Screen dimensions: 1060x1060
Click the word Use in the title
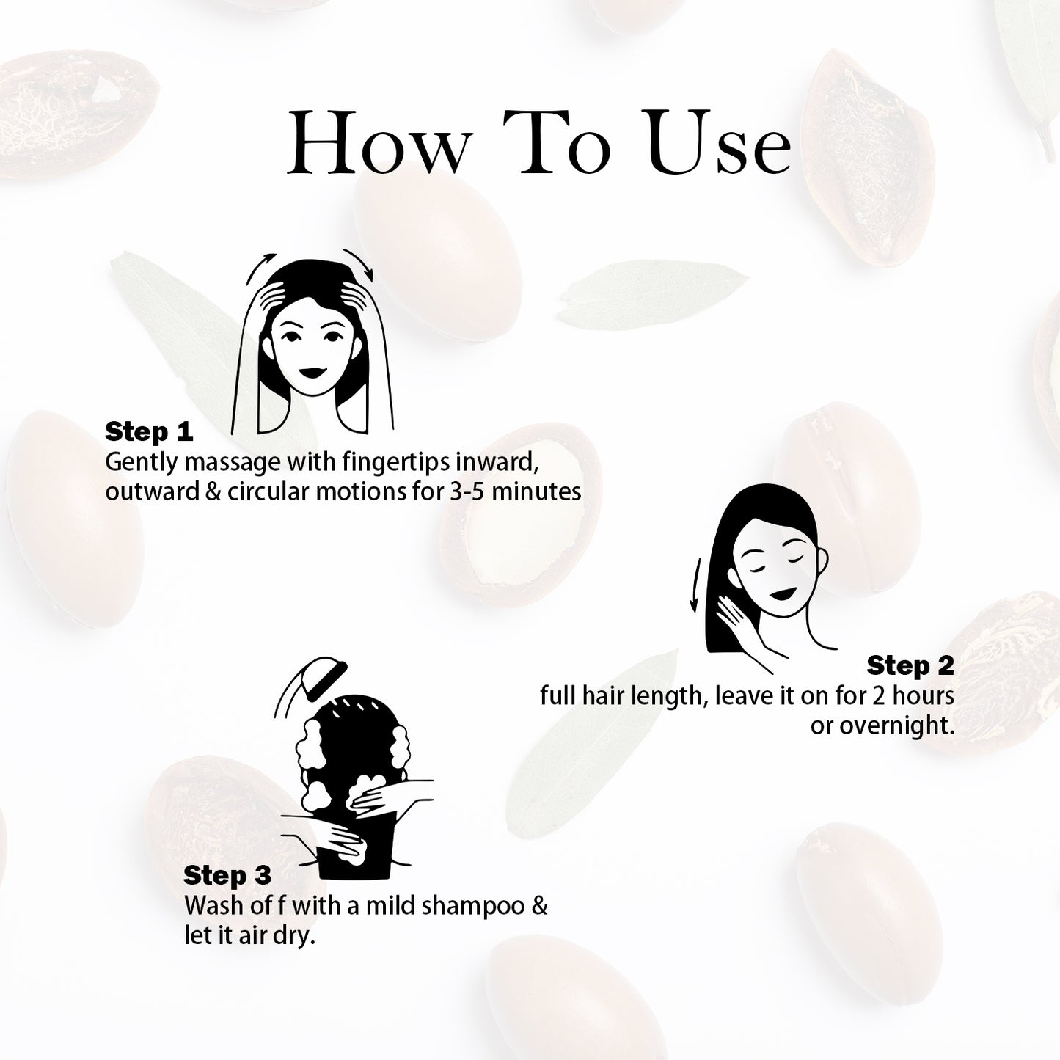coord(718,144)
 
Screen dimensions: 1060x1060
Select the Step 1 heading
coord(149,432)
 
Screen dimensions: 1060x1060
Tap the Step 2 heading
coord(910,665)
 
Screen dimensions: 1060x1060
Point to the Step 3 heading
coord(227,875)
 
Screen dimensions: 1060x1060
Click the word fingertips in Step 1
coord(395,463)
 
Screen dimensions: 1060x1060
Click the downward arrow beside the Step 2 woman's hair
coord(696,585)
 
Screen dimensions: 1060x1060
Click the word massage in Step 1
coord(232,463)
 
